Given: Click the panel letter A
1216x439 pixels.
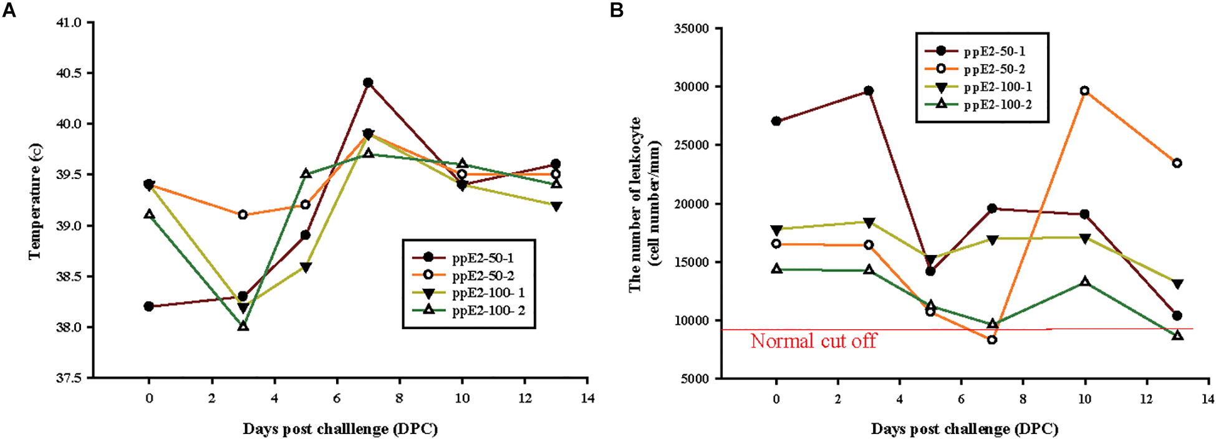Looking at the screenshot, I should click(x=9, y=11).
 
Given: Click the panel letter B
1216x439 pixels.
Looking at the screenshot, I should click(x=616, y=11).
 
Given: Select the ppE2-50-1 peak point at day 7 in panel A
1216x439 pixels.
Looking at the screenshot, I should click(x=368, y=82).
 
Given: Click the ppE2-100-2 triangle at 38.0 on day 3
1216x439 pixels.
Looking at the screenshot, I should click(x=243, y=326).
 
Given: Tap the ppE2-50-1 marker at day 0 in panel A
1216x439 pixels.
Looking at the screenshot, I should click(x=148, y=306).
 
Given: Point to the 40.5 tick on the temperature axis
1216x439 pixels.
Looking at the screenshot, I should click(x=69, y=73).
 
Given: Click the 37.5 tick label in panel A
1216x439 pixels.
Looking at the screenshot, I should click(x=69, y=378).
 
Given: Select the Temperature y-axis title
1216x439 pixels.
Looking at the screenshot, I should click(x=36, y=201).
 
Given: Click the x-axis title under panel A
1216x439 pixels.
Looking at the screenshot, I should click(x=340, y=429).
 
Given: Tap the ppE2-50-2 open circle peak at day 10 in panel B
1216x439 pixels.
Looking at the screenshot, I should click(x=1085, y=90).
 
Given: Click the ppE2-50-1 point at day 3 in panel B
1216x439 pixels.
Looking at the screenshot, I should click(x=869, y=91).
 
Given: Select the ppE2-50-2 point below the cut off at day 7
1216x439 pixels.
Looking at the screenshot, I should click(x=992, y=340).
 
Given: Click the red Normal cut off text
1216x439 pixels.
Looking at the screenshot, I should click(x=813, y=341).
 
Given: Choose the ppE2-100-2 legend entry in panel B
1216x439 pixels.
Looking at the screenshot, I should click(x=997, y=105).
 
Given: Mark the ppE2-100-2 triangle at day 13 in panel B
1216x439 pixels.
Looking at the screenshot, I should click(x=1177, y=335).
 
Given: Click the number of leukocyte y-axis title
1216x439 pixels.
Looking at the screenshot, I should click(x=644, y=204).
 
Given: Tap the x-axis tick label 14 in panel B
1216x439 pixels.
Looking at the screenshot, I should click(x=1208, y=398).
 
